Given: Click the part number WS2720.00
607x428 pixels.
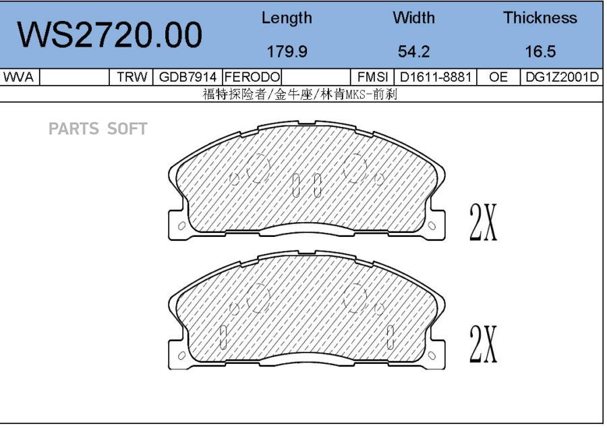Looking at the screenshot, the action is (109, 35).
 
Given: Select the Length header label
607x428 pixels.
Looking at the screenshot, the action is (287, 18).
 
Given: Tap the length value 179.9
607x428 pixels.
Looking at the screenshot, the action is (287, 51).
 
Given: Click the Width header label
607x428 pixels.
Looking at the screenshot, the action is (413, 18).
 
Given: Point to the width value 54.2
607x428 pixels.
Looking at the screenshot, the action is (413, 51).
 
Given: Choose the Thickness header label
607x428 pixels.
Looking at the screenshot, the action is (540, 18).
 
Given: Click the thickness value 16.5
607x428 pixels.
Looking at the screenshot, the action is (540, 51).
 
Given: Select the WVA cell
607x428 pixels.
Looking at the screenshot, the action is (18, 77).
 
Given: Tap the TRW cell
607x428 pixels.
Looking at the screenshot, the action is (132, 77).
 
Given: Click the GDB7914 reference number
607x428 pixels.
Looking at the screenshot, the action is (187, 77).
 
